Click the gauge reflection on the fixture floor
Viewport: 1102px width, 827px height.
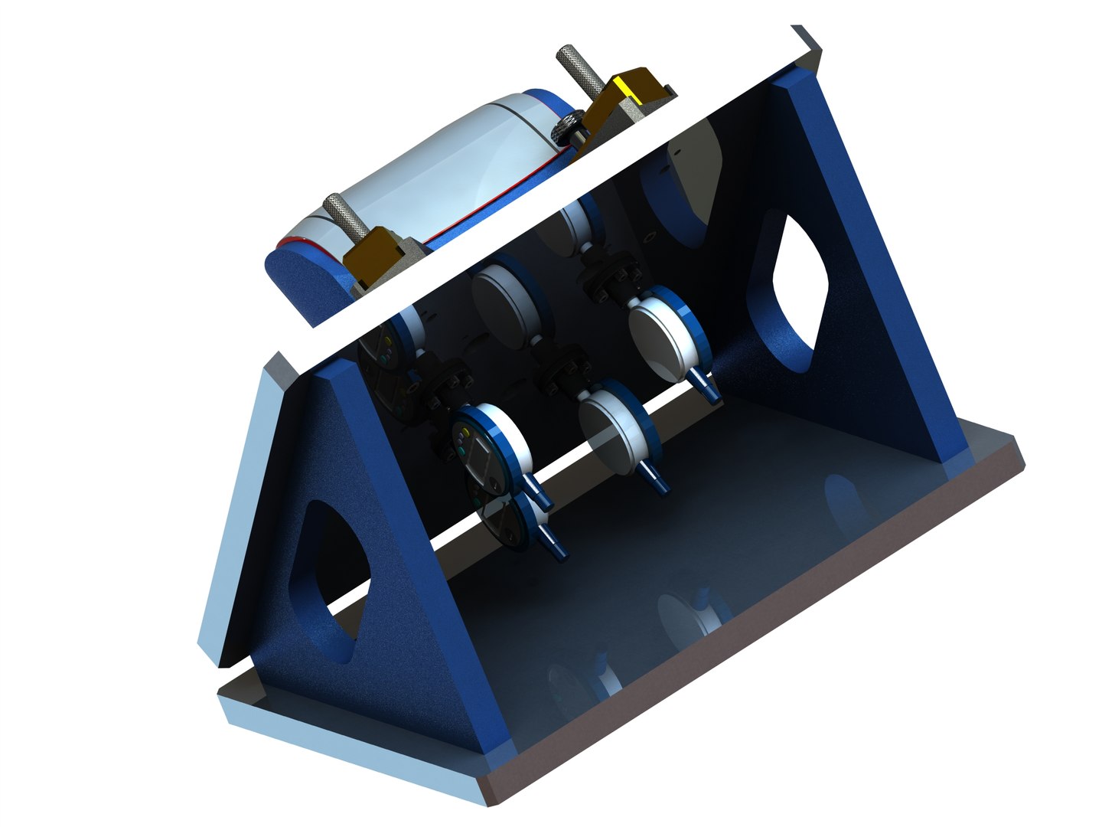tap(689, 613)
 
